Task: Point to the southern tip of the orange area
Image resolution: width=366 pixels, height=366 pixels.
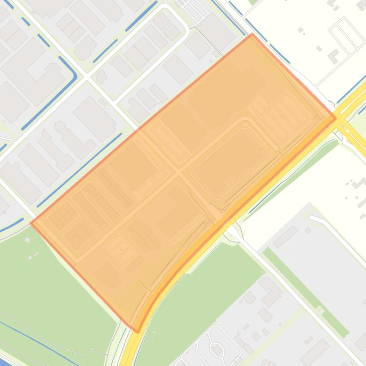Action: click(137, 331)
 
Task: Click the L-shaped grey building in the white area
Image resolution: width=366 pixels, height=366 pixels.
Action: click(333, 57)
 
